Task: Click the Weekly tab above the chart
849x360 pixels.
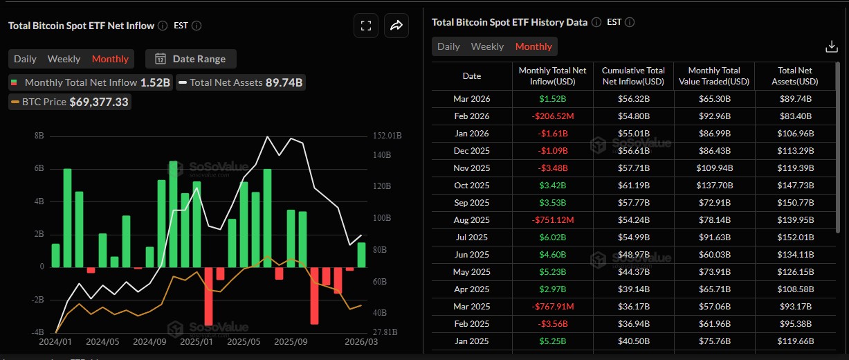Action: [x=64, y=59]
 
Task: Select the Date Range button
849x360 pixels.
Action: [x=191, y=59]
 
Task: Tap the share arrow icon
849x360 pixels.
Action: [x=396, y=26]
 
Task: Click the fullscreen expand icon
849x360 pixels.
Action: [x=367, y=26]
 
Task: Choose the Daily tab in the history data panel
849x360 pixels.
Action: [x=448, y=46]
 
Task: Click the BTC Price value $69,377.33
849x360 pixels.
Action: [x=99, y=102]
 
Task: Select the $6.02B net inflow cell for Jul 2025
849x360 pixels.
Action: [x=552, y=237]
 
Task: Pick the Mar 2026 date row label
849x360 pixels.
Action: [x=471, y=98]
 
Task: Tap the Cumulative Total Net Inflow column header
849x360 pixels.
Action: [x=633, y=76]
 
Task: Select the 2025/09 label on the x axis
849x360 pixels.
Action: [x=291, y=341]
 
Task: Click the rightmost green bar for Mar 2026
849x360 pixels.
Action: [x=361, y=254]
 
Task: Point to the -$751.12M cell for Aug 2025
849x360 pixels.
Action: [x=552, y=219]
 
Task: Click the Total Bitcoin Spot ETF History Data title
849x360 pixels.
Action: [x=509, y=22]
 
